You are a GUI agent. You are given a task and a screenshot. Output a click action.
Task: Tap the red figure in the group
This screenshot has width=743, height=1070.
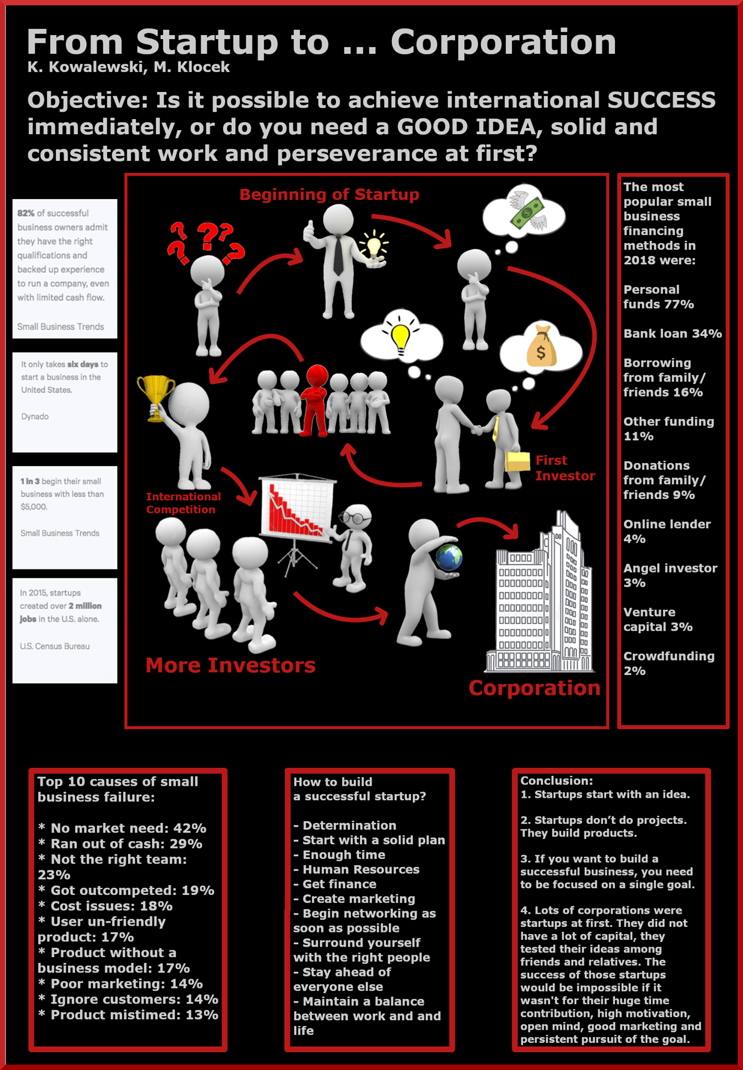click(315, 400)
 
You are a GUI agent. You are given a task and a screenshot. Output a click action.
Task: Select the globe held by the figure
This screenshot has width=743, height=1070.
click(449, 557)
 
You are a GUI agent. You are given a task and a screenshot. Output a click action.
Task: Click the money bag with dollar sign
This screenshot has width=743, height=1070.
click(541, 347)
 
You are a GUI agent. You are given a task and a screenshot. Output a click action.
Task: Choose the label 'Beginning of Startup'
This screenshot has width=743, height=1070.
click(329, 195)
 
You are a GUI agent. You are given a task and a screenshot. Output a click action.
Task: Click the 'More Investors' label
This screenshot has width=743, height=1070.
click(230, 666)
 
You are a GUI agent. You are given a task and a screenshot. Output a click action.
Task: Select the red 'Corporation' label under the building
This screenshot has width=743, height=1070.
click(535, 688)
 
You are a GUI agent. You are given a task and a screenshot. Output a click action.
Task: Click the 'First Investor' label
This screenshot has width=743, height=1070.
click(565, 468)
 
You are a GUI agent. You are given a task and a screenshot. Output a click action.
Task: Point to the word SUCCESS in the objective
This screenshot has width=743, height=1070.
click(661, 100)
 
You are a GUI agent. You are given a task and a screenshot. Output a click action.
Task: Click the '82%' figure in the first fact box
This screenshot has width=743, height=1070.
click(26, 213)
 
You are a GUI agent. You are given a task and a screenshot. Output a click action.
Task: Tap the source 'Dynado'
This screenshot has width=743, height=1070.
click(35, 416)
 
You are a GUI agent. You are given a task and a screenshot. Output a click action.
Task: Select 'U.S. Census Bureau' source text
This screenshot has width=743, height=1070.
click(55, 646)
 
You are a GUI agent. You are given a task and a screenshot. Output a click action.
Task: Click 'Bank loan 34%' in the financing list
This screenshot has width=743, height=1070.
click(672, 333)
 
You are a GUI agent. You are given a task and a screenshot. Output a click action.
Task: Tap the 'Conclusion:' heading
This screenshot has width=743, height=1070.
click(556, 781)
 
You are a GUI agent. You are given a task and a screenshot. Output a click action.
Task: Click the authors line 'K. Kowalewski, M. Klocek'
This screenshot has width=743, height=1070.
click(129, 67)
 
